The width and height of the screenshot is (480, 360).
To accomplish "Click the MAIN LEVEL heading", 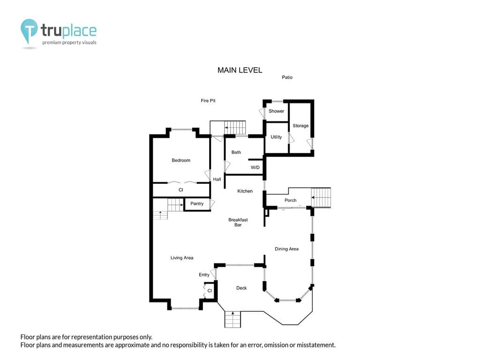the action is [240, 70].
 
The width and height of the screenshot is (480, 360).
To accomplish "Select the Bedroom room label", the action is [181, 160].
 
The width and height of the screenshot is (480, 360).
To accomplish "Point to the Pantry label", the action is [197, 203].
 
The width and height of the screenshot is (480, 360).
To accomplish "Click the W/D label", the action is [255, 167].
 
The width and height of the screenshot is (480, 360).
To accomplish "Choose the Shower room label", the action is [276, 111].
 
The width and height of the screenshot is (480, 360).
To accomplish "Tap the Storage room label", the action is [300, 126].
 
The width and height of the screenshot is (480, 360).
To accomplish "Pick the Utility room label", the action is [276, 137].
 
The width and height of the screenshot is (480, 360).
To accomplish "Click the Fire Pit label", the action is [208, 100].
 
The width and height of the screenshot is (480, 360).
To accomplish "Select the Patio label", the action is [287, 77].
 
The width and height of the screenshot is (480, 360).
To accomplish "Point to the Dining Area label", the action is [286, 249].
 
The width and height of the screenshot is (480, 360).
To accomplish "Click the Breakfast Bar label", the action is [238, 222].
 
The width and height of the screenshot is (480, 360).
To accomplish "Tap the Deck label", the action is [241, 288].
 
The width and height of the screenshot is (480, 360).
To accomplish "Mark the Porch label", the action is [291, 200].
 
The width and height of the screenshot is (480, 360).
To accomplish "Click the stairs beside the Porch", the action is [321, 198].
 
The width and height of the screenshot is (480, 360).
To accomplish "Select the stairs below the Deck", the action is [232, 319].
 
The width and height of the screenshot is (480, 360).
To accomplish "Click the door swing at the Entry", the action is [214, 274].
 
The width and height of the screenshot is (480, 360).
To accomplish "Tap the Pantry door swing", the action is [212, 204].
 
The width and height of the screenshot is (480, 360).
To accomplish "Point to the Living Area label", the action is [182, 258].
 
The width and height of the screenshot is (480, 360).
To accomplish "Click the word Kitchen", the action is [245, 191].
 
